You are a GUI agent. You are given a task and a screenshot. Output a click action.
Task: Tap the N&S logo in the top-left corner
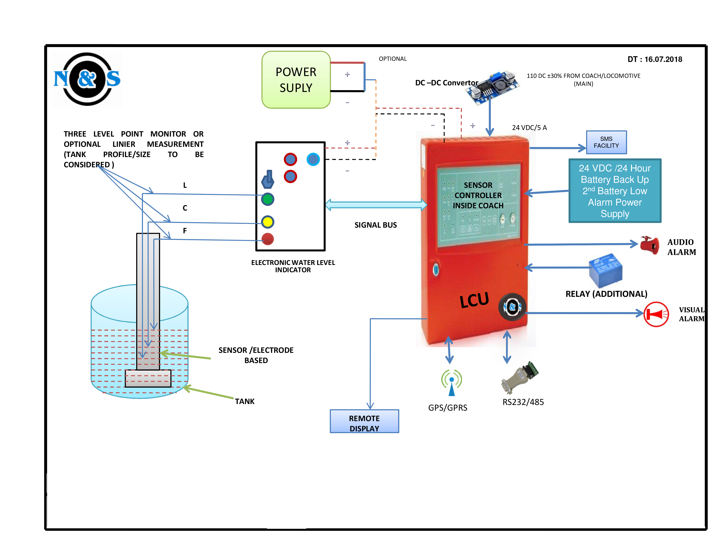[87, 79]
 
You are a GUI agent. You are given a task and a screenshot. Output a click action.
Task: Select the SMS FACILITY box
[606, 142]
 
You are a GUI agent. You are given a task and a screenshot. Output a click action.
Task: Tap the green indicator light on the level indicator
[267, 199]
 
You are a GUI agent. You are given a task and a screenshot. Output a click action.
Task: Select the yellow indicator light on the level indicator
[267, 222]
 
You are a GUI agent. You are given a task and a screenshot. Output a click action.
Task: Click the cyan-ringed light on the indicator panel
[313, 159]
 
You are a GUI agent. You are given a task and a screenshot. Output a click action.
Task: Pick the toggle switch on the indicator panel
[268, 180]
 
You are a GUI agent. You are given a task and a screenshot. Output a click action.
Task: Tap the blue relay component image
[605, 270]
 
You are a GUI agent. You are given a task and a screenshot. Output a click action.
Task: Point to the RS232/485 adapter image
[520, 378]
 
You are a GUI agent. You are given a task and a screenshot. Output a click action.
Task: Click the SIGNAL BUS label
[375, 225]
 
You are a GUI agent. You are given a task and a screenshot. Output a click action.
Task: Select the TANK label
[244, 402]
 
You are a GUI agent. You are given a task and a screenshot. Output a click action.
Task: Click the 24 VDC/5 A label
[529, 128]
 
